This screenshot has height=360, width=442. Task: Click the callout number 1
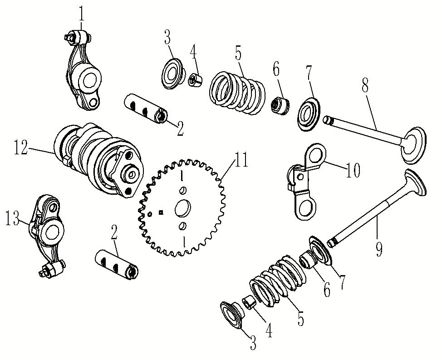81,14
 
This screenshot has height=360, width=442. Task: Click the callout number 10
353,170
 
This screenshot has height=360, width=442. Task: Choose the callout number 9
379,248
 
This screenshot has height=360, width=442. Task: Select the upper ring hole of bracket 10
317,154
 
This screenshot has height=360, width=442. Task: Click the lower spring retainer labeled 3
232,313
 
